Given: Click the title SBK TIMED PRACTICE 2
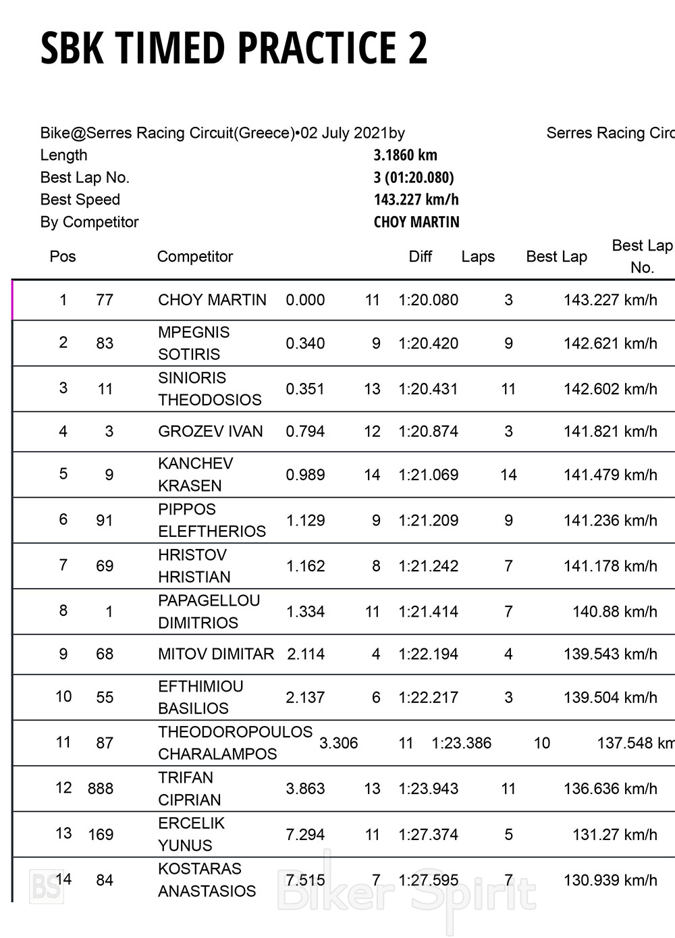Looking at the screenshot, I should [234, 48].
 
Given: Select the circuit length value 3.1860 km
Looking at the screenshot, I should [405, 155].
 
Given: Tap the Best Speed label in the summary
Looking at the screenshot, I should [80, 200].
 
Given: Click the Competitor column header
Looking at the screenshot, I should [194, 257].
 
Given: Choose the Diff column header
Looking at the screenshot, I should [420, 257].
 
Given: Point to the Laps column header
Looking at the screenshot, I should [478, 257].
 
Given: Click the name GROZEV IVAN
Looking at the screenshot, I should [210, 432].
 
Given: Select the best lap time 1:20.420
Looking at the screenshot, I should [428, 343].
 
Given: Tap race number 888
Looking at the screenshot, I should [100, 789].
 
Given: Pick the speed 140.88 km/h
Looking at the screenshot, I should [614, 612].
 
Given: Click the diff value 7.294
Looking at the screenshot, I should [305, 835].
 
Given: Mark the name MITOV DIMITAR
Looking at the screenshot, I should [216, 654].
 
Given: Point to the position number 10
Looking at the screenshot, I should [63, 697].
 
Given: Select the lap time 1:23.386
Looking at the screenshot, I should [461, 744].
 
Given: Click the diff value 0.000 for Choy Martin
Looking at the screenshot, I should [305, 300].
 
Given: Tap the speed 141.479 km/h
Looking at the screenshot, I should [610, 475].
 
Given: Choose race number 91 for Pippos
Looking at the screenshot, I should [105, 521].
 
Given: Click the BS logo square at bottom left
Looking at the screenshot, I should [47, 886].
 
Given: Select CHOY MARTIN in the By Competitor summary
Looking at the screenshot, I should [416, 222].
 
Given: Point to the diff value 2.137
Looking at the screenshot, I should [305, 698].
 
